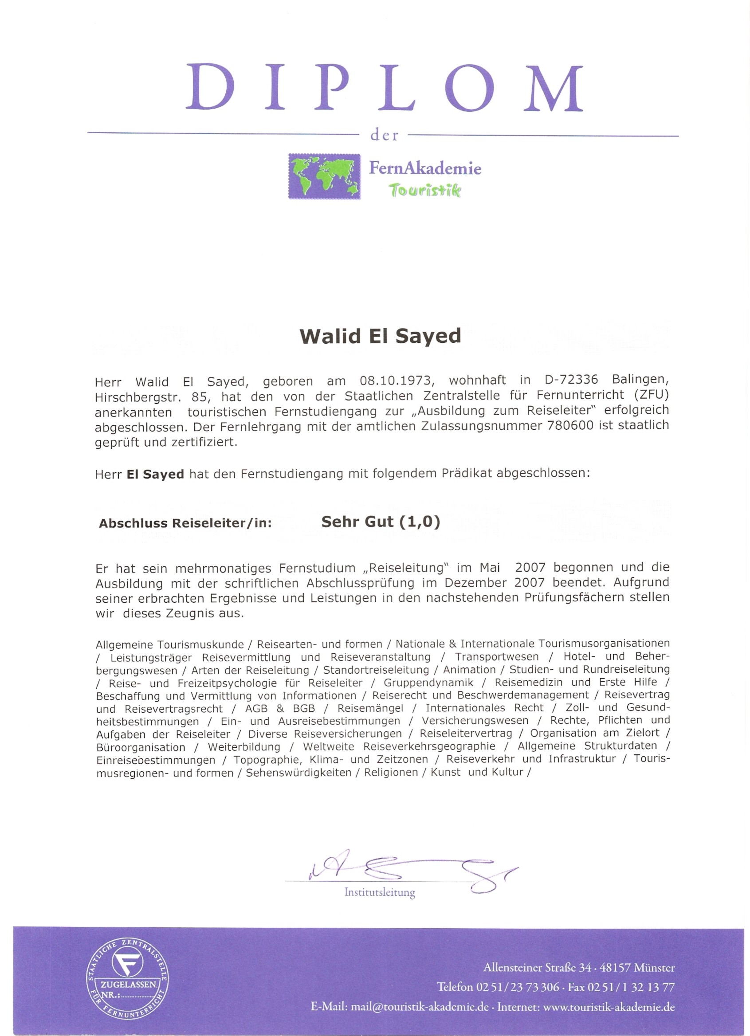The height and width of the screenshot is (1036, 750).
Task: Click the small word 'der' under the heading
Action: click(x=384, y=136)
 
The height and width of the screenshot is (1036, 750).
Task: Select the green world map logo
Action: click(x=324, y=176)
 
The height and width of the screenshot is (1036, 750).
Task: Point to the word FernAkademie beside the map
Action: click(x=425, y=168)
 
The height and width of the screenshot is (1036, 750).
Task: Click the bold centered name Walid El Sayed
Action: click(x=380, y=336)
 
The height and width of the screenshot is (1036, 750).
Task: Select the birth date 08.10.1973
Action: click(x=396, y=381)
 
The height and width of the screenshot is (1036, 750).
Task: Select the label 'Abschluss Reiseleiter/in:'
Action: click(x=185, y=523)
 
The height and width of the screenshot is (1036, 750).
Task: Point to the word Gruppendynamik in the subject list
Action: click(x=428, y=683)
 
